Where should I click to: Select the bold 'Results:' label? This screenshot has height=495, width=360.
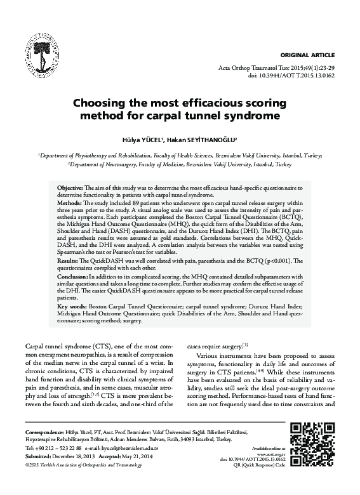click(x=69, y=261)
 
